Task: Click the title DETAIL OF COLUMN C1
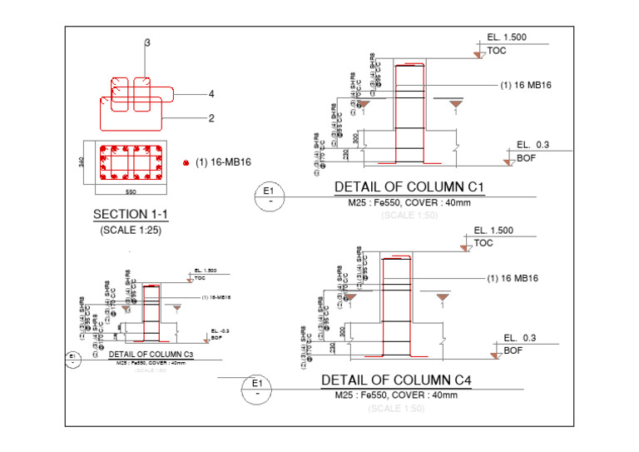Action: click(409, 187)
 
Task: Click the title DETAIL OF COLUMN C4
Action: click(396, 380)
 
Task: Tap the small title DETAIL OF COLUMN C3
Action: click(151, 355)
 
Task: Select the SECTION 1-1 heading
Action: click(131, 215)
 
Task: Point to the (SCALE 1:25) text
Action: click(131, 230)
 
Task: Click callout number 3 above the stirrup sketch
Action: click(147, 42)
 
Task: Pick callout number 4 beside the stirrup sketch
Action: click(211, 94)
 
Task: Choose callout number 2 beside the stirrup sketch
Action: click(211, 118)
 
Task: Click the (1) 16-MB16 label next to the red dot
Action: click(223, 162)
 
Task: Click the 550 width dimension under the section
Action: click(131, 192)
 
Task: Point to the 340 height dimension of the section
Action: click(81, 161)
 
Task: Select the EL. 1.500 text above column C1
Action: click(507, 37)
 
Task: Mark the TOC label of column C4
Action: click(483, 244)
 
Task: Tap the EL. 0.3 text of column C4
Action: click(521, 338)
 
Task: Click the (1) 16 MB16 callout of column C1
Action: click(526, 85)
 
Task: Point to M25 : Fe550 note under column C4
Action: click(396, 395)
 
